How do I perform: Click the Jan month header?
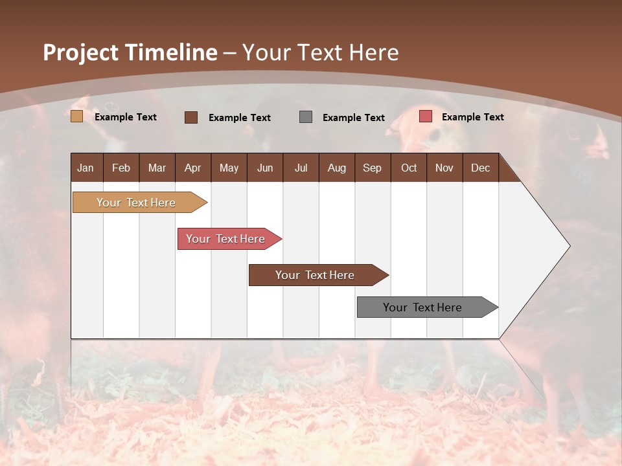pyautogui.click(x=86, y=168)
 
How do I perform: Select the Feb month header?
pyautogui.click(x=121, y=168)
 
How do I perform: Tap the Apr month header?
pyautogui.click(x=192, y=168)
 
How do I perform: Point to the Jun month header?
pyautogui.click(x=265, y=168)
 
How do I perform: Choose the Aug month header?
pyautogui.click(x=336, y=168)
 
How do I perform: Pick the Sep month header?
pyautogui.click(x=372, y=168)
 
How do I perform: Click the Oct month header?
pyautogui.click(x=409, y=168)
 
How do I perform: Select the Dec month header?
pyautogui.click(x=480, y=168)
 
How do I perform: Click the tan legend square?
pyautogui.click(x=76, y=116)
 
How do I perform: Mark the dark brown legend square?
pyautogui.click(x=190, y=117)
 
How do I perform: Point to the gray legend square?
pyautogui.click(x=306, y=117)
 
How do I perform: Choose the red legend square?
pyautogui.click(x=425, y=116)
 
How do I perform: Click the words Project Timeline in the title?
pyautogui.click(x=130, y=52)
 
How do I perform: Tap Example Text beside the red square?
pyautogui.click(x=472, y=116)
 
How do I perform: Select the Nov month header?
pyautogui.click(x=444, y=168)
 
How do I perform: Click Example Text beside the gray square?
pyautogui.click(x=353, y=117)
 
